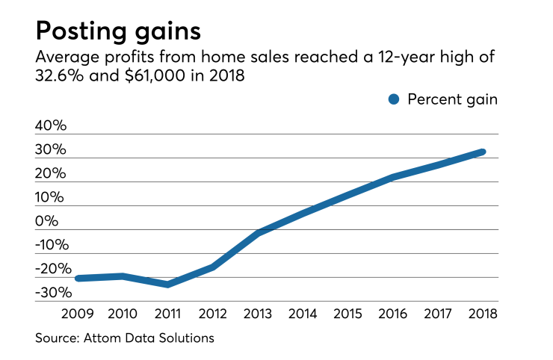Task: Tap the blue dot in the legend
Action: (395, 100)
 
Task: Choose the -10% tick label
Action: (51, 245)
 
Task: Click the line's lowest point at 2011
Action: (168, 285)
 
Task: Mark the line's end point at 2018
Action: (483, 152)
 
